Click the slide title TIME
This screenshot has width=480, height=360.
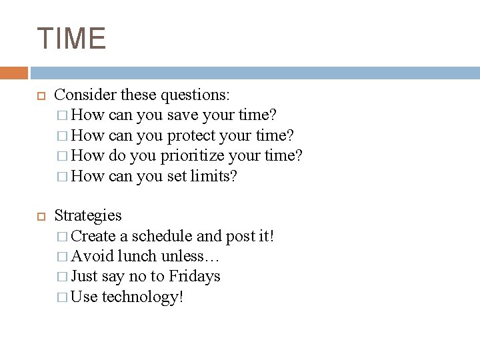[72, 38]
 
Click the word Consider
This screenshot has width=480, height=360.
[82, 95]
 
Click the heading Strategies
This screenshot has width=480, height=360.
[88, 215]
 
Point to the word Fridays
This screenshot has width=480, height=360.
[195, 275]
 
